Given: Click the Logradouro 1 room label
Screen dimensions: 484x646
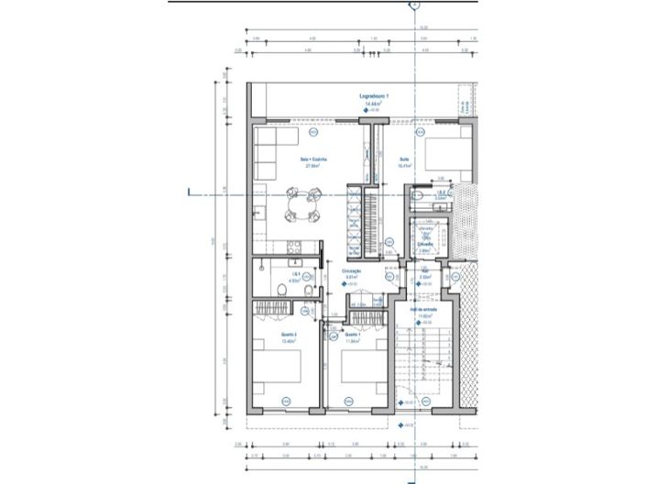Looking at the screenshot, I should point(375,96).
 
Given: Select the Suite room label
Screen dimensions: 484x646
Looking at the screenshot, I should point(403,159).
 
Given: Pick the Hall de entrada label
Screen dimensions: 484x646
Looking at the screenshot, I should point(422,310).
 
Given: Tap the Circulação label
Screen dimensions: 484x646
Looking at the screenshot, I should point(352,270).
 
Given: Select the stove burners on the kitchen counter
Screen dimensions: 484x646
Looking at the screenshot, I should point(295,244).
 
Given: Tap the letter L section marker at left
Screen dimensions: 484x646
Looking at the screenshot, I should point(190,192).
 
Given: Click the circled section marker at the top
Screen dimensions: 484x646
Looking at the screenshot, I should point(414,5).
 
